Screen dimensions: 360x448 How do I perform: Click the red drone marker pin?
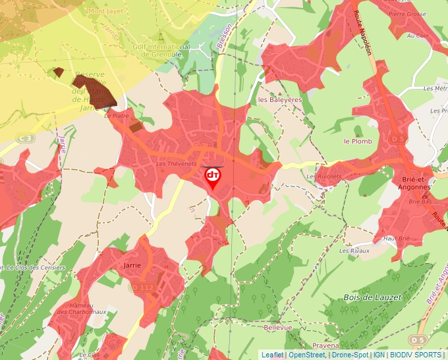click(x=213, y=177)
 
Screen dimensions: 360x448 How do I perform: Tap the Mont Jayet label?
click(x=105, y=11)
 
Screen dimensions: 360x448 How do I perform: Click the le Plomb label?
click(x=358, y=141)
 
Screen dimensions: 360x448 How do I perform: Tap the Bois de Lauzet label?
click(x=372, y=297)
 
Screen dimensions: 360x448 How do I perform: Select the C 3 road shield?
click(x=26, y=138)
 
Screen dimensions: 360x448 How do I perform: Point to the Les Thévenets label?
click(x=173, y=164)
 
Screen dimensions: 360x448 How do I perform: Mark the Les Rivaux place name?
click(x=354, y=251)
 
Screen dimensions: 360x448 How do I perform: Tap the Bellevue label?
click(x=277, y=327)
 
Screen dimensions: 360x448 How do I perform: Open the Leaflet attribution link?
click(x=273, y=355)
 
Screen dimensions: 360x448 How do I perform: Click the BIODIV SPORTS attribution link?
click(x=416, y=355)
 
